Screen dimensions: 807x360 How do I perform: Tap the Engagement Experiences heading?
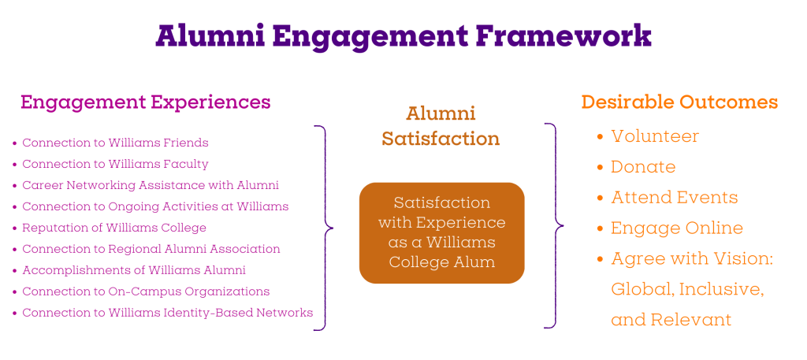[x=146, y=102]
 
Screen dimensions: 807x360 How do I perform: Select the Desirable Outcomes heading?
[x=679, y=102]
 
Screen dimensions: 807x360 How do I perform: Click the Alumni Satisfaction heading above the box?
[x=441, y=126]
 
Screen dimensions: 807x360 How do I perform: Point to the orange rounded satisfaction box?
[x=441, y=233]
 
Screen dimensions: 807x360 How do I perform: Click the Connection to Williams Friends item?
[x=115, y=143]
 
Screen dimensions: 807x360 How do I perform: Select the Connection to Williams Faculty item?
[x=115, y=164]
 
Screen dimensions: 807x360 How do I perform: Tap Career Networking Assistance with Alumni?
[x=151, y=185]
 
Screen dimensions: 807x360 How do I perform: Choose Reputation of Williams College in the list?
[x=114, y=228]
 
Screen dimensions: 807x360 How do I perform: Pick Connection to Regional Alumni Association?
[x=151, y=249]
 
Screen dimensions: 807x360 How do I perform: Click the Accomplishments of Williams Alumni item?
[x=134, y=270]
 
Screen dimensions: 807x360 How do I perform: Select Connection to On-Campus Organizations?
[x=146, y=291]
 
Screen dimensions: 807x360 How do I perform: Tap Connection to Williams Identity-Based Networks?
[x=167, y=313]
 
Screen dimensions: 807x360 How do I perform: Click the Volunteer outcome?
[x=655, y=136]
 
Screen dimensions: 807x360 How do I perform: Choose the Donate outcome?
[x=643, y=167]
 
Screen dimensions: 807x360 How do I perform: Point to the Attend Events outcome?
[x=675, y=198]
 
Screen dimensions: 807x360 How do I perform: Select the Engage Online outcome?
[x=677, y=228]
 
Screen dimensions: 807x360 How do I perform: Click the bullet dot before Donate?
[x=600, y=168]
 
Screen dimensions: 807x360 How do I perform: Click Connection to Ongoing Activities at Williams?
[x=155, y=206]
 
